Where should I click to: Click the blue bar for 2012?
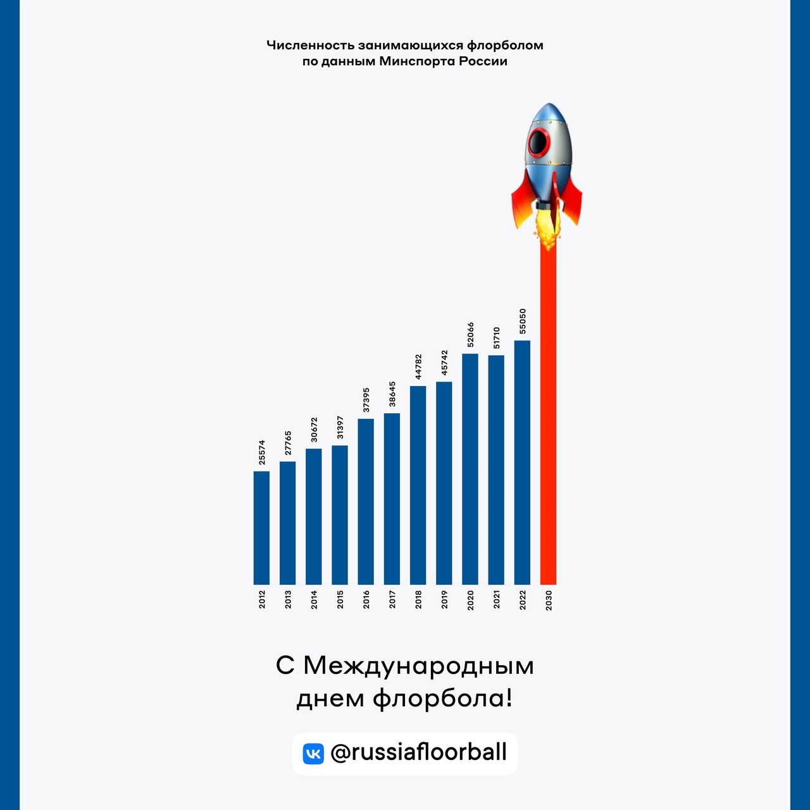point(261,528)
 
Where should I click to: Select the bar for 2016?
point(366,501)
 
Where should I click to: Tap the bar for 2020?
point(470,469)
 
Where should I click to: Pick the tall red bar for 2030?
point(548,418)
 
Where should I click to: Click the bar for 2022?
point(522,463)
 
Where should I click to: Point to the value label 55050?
point(522,321)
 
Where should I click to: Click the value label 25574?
point(261,452)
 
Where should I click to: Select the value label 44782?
point(418,367)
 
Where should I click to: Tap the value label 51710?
point(496,337)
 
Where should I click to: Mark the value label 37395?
point(366,400)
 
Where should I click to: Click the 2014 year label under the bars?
point(314,600)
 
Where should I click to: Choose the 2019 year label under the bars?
point(444,600)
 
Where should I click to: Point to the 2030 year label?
point(549,600)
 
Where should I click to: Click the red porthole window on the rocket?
point(540,142)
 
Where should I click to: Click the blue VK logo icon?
point(313,754)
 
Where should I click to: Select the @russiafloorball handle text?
point(419,752)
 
